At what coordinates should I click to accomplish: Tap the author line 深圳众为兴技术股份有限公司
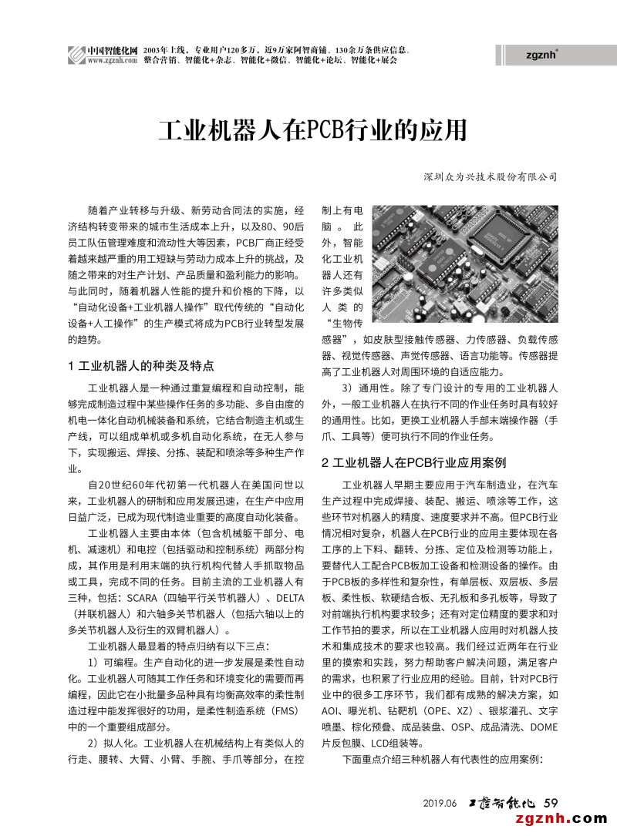(x=491, y=176)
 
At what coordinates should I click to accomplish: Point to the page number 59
(x=551, y=802)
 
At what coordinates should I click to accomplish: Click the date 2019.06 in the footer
(x=440, y=803)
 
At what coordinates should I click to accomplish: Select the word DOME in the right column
(x=544, y=727)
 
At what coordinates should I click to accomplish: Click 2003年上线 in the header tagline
(x=167, y=49)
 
